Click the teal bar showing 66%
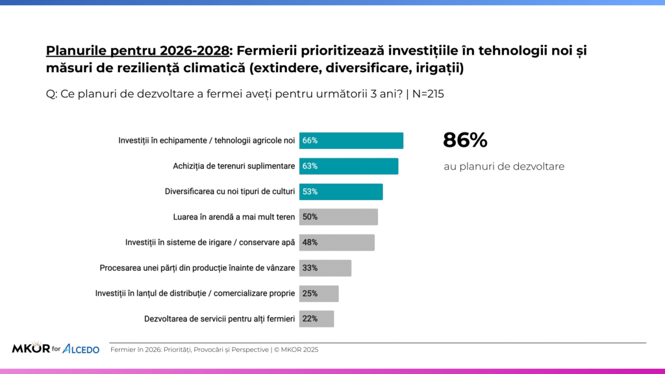(x=351, y=140)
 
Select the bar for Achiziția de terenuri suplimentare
(x=348, y=166)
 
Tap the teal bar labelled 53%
(x=340, y=192)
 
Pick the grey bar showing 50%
(x=338, y=217)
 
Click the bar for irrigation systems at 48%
(x=336, y=242)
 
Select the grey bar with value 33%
(x=325, y=268)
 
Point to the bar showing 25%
(x=318, y=293)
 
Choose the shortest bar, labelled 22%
(x=316, y=319)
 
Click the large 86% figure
(x=465, y=140)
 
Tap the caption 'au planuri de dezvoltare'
(x=504, y=166)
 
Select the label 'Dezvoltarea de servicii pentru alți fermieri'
(x=220, y=319)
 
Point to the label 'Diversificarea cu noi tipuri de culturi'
(x=230, y=192)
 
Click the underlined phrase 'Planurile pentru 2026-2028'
(x=138, y=50)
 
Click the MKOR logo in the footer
(x=31, y=349)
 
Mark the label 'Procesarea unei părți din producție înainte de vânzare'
(x=197, y=268)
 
